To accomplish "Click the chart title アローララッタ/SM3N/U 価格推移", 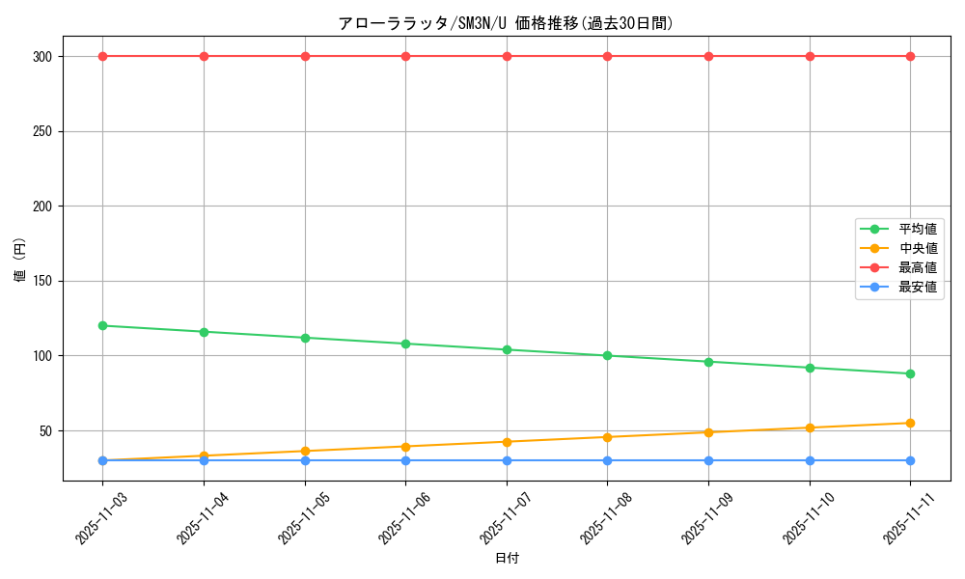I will (x=506, y=23).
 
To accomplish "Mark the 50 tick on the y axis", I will (x=44, y=430).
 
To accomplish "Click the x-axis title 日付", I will (x=507, y=559).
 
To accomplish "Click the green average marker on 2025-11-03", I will (x=102, y=325).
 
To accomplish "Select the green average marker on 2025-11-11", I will (x=910, y=373).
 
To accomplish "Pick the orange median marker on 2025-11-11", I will (x=910, y=423).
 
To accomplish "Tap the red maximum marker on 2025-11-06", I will (x=405, y=56).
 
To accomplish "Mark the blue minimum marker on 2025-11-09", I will (x=708, y=460).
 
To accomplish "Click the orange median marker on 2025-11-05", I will (x=305, y=451).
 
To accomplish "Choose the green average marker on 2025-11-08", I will (x=607, y=355).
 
